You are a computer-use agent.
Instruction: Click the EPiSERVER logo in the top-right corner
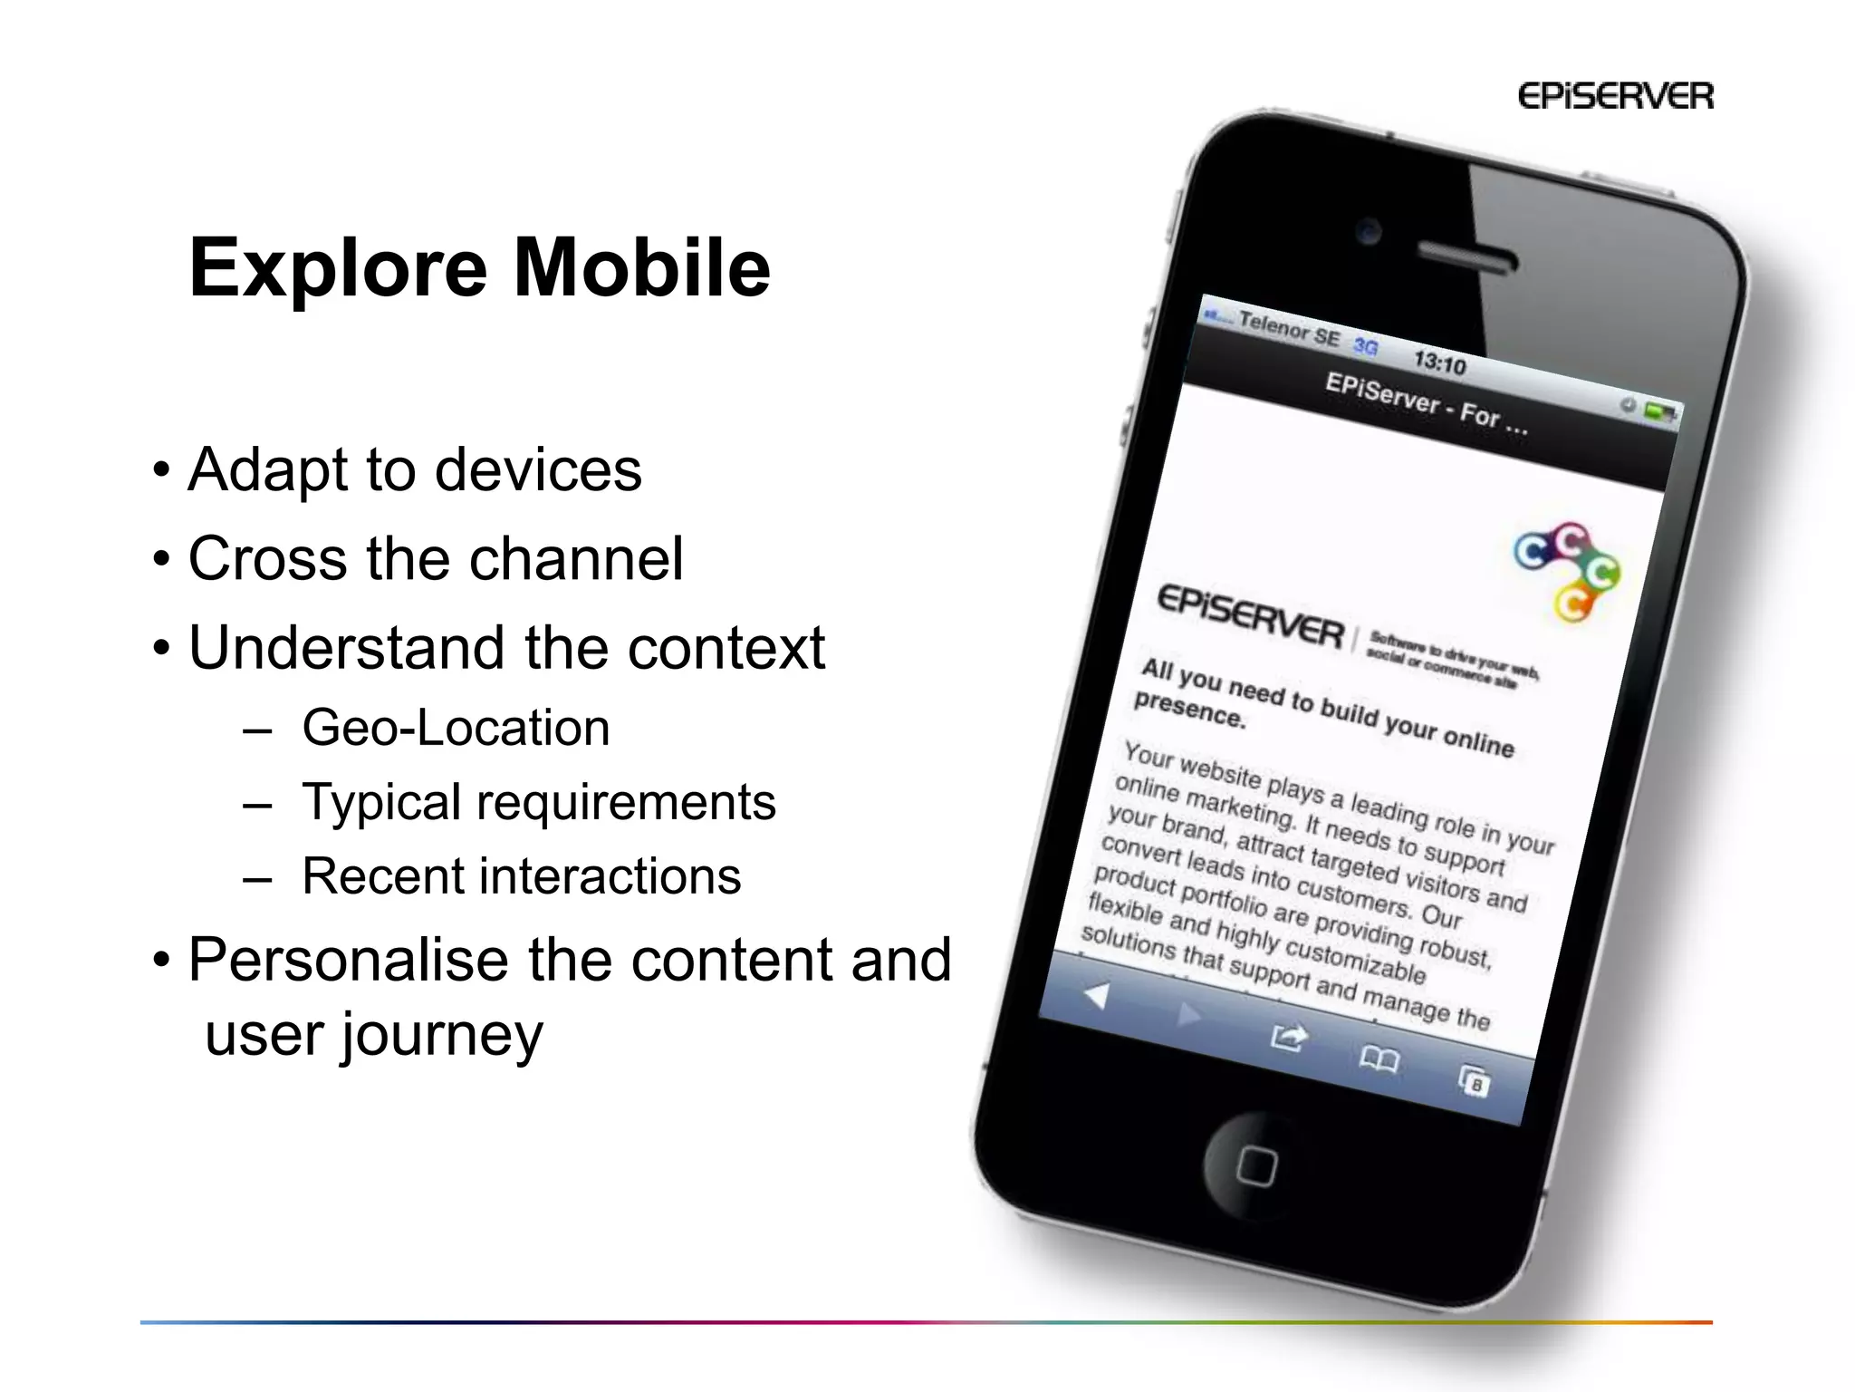click(x=1615, y=96)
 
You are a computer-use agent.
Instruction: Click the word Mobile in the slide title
click(x=641, y=268)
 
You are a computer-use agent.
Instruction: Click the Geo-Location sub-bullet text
click(x=456, y=728)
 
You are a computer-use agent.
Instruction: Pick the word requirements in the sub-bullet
click(x=625, y=803)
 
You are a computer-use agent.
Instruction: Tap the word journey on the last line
click(x=440, y=1036)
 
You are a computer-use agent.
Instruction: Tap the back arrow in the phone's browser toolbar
click(x=1097, y=996)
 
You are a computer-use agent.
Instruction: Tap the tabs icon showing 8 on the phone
click(x=1474, y=1080)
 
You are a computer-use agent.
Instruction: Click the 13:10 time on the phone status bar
click(x=1439, y=362)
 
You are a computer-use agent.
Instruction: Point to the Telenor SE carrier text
click(x=1288, y=330)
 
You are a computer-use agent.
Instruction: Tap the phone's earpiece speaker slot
click(x=1465, y=258)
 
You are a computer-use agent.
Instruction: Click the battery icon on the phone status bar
click(x=1659, y=411)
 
